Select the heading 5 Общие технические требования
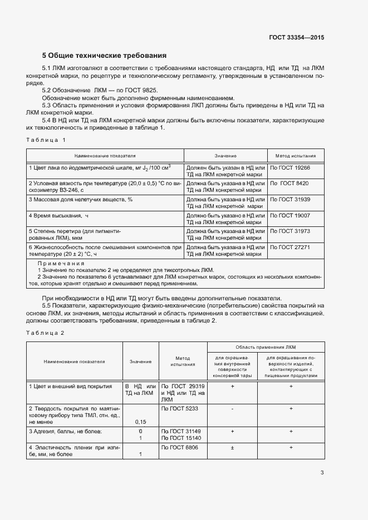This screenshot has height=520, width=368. pos(105,56)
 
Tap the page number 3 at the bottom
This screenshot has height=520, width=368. pos(322,473)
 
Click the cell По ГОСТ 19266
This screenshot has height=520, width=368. pos(290,167)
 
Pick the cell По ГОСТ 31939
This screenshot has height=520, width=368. pos(290,199)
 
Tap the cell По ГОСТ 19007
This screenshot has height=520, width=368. pos(290,215)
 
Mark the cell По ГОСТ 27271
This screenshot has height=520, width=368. pos(290,246)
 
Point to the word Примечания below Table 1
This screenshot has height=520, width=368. pos(61,263)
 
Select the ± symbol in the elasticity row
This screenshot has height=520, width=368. pos(232,448)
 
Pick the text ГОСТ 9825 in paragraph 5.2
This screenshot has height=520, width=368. pos(141,90)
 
